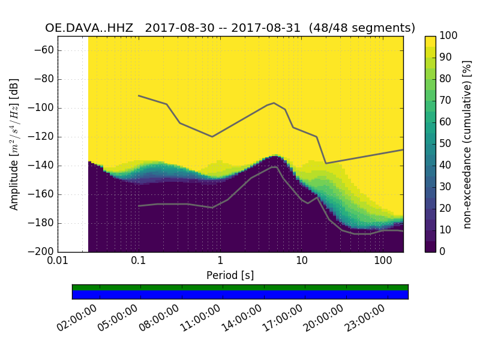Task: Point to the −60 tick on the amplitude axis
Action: (45, 50)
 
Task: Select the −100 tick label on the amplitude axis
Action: (43, 108)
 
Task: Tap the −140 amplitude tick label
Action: (43, 166)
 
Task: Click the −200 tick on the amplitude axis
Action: (43, 252)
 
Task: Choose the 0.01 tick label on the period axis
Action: (58, 262)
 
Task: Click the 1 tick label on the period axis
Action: (220, 262)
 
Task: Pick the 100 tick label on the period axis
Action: (383, 262)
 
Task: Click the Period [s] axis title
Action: (230, 275)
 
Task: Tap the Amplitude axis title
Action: (14, 144)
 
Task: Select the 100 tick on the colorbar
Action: (449, 36)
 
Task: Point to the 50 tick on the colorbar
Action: (447, 144)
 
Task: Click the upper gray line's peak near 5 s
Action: (274, 103)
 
